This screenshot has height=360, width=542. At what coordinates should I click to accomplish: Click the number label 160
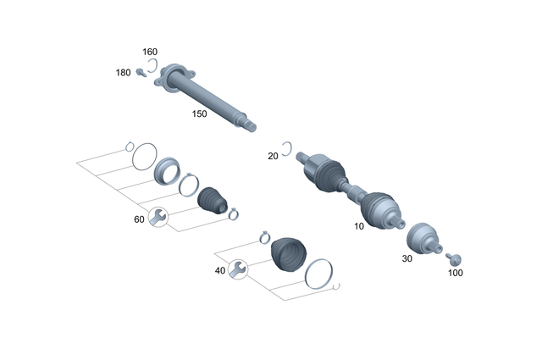(149, 51)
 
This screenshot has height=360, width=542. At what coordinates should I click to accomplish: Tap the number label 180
(124, 73)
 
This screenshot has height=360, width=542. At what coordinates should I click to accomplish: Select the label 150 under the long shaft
(199, 114)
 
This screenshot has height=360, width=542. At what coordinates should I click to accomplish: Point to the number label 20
(273, 156)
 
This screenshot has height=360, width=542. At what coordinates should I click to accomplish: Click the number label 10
(359, 227)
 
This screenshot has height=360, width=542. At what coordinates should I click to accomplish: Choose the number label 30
(406, 258)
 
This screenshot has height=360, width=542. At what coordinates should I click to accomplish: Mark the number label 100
(456, 273)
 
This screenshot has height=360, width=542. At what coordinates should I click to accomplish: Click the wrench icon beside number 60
(157, 217)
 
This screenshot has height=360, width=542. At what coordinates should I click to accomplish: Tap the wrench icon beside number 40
(238, 269)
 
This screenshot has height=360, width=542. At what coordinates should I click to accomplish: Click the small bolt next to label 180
(141, 72)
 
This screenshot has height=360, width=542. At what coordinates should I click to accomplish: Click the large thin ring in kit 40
(317, 273)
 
